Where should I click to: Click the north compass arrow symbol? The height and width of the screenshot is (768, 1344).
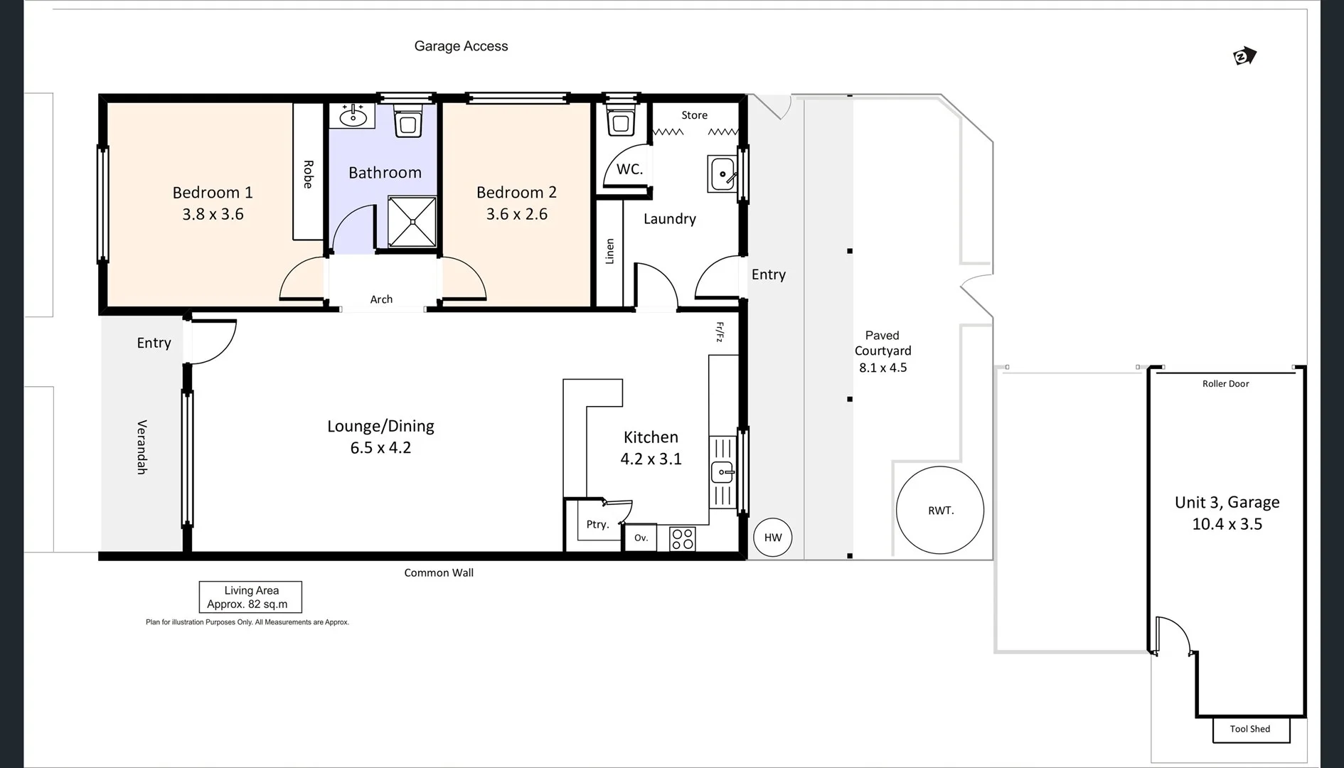[x=1244, y=56]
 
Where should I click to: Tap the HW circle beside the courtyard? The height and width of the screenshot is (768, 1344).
[x=772, y=538]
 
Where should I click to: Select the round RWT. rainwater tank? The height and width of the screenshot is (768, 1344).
[x=940, y=510]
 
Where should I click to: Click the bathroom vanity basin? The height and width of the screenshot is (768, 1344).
[x=353, y=114]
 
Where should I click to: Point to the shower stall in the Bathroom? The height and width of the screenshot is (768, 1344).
[x=412, y=222]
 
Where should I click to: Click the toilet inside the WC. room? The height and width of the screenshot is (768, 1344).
[x=621, y=122]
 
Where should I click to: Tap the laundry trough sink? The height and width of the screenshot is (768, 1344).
[x=722, y=174]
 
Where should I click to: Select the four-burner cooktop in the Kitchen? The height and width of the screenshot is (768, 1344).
[x=683, y=539]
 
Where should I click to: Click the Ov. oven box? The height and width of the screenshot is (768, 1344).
[x=641, y=538]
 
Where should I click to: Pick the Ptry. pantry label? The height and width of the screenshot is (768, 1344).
[x=597, y=525]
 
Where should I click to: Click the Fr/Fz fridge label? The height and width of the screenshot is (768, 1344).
[x=719, y=332]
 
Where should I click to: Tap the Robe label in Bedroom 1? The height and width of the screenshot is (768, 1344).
[x=308, y=174]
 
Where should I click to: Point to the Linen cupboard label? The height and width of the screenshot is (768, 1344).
[x=609, y=252]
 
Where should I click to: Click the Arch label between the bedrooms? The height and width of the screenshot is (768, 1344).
[x=381, y=299]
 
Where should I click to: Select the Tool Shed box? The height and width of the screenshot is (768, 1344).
[x=1250, y=729]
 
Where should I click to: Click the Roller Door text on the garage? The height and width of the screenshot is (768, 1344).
[x=1225, y=384]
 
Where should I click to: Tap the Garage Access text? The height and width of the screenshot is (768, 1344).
[x=461, y=46]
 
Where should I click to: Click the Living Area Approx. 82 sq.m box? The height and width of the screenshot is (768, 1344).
[x=250, y=597]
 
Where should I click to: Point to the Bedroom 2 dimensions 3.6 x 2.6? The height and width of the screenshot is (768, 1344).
[x=516, y=214]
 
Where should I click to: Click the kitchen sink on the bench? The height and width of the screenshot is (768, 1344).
[x=722, y=471]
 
